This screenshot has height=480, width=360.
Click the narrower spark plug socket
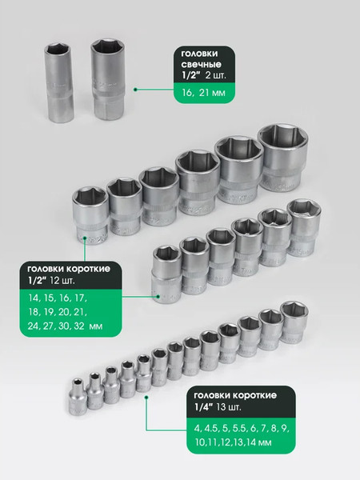pos(58,82)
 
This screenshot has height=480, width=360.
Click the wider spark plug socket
pos(108,78)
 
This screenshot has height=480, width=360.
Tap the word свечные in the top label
pos(201,64)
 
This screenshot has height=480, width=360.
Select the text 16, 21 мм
pos(203,93)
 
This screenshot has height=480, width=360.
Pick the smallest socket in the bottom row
pos(77,397)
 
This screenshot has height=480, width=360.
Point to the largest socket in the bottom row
pos(294,322)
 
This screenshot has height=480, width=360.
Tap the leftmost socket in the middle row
pos(167,274)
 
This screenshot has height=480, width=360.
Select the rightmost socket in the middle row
pos(304,227)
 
